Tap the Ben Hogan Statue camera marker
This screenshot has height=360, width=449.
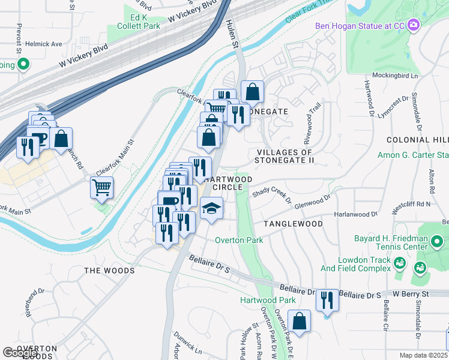pos(413,26)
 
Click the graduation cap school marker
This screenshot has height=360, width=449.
pos(211,208)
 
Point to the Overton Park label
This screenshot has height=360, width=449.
pos(239,240)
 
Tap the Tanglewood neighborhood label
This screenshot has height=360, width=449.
pos(292,224)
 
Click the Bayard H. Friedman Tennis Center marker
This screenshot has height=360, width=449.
pos(437,242)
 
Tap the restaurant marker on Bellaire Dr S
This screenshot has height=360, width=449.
pos(327,299)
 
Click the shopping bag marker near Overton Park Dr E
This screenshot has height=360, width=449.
pos(299,320)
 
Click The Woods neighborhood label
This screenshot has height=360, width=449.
pos(109,271)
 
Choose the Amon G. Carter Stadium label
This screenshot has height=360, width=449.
pos(413,155)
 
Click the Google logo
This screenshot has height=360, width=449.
pos(20,353)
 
